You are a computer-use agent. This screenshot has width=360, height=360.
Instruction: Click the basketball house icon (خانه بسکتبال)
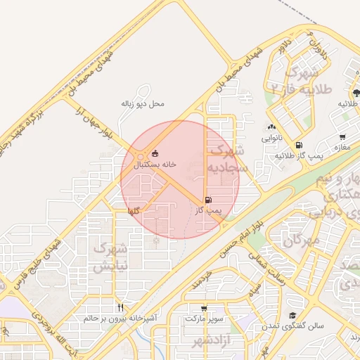(155, 154)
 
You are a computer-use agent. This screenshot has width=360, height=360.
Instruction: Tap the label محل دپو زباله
(143, 103)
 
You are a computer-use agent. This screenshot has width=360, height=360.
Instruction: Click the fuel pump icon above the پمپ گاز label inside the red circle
(208, 200)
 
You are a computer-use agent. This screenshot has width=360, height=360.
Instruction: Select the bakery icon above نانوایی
(271, 127)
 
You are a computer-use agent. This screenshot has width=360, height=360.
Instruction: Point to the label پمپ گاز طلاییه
(299, 155)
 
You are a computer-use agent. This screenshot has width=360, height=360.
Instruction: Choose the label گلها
(134, 211)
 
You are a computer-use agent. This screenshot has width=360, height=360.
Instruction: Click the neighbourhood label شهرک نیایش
(111, 257)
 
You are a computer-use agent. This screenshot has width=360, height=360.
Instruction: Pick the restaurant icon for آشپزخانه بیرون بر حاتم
(121, 308)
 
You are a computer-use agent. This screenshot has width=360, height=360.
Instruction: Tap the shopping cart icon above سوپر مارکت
(204, 308)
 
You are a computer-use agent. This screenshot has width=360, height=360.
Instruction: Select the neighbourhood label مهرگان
(302, 241)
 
